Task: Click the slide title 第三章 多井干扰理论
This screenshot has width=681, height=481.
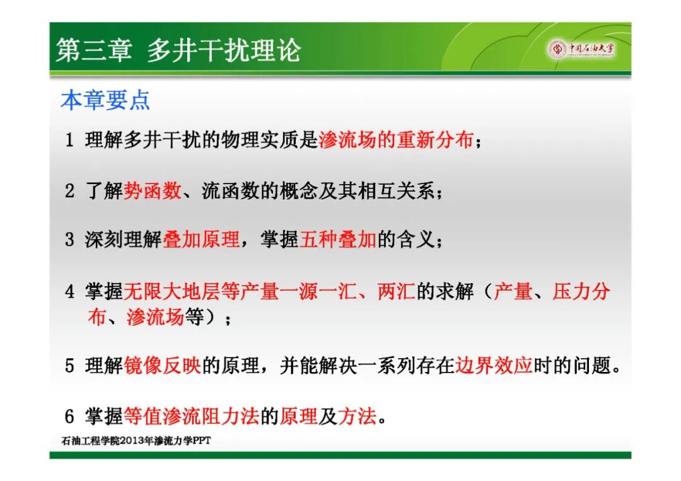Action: [178, 50]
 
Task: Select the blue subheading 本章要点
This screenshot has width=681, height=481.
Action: [105, 100]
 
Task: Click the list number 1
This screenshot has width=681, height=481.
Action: [69, 140]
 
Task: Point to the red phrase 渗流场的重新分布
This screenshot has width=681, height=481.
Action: [395, 140]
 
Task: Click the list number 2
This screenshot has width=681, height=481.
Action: [69, 191]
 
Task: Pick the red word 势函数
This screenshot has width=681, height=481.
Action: [153, 190]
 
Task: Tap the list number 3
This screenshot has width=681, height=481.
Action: [69, 240]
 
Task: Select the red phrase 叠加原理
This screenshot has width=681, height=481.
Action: [202, 239]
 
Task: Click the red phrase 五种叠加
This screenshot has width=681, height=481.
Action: [338, 239]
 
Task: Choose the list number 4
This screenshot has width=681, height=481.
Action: [69, 291]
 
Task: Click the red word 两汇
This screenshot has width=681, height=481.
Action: [396, 291]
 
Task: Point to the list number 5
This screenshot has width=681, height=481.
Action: [69, 366]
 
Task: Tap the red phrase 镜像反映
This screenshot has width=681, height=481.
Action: [163, 365]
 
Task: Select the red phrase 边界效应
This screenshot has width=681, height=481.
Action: [493, 365]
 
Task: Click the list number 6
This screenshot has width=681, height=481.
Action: [69, 417]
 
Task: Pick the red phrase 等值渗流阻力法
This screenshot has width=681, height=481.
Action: [192, 416]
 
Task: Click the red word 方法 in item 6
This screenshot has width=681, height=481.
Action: [357, 416]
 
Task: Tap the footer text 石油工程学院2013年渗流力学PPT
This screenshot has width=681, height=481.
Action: [136, 441]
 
